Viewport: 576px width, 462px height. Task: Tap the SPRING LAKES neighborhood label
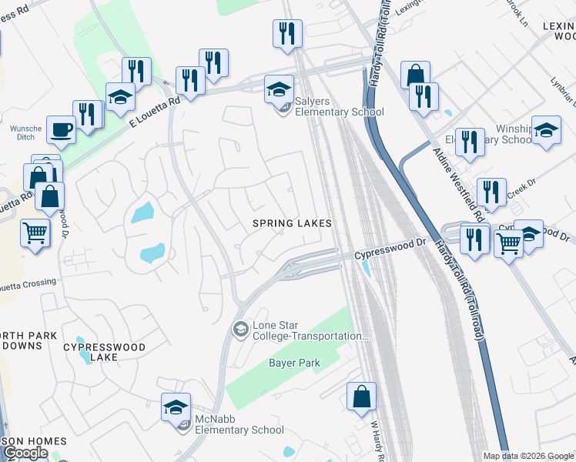(293, 223)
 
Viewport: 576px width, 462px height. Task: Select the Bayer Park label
(293, 362)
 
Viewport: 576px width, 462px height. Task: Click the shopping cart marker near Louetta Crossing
(35, 232)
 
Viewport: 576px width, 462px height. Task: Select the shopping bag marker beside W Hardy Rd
(361, 397)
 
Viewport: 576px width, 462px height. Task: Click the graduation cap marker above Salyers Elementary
(279, 89)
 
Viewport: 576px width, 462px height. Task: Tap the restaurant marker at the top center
(287, 33)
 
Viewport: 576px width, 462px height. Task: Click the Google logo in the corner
(25, 453)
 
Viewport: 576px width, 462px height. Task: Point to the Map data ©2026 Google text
(527, 455)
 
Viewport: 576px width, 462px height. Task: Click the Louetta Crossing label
(28, 283)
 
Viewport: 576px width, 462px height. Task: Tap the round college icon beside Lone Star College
(240, 330)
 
